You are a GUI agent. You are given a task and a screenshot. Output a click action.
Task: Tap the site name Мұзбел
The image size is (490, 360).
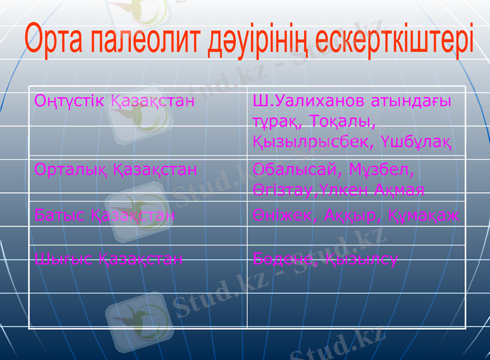pyautogui.click(x=382, y=168)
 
